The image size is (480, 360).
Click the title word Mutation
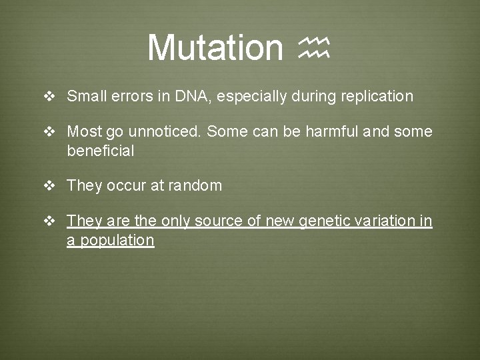215,47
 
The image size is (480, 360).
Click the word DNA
191,96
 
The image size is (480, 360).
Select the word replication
377,96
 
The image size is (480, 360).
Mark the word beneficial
100,151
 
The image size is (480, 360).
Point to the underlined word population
117,241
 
